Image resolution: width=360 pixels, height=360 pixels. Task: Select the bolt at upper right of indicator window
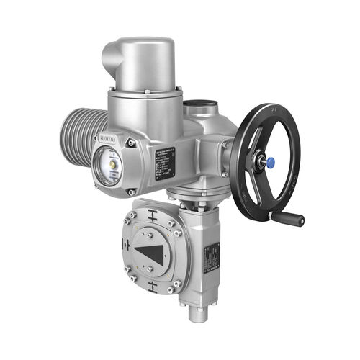pyautogui.click(x=131, y=143)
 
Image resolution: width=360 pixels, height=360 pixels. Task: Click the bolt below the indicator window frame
pyautogui.click(x=131, y=191)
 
